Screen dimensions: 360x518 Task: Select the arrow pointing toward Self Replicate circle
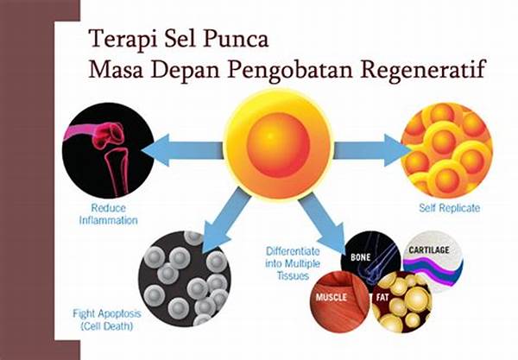click(370, 149)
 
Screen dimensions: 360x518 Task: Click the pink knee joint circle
click(108, 150)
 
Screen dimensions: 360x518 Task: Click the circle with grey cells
click(182, 275)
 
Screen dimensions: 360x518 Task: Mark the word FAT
click(381, 297)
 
